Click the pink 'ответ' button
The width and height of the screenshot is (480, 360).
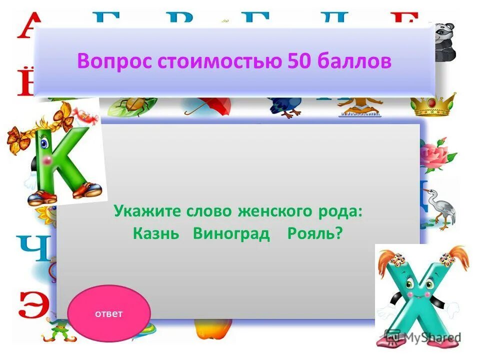pos(108,313)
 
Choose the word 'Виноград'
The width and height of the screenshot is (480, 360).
pos(231,233)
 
